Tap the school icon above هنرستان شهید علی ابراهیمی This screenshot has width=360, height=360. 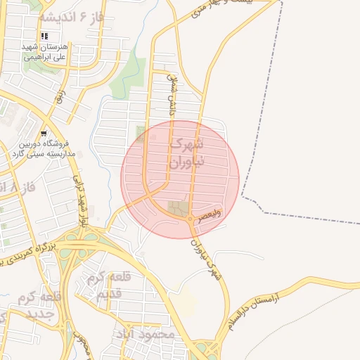[x=44, y=36]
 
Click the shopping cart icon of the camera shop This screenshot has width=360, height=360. [x=44, y=133]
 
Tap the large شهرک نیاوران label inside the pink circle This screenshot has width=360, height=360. [x=186, y=153]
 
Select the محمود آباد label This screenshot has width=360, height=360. [x=150, y=335]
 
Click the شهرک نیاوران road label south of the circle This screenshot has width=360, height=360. [x=206, y=258]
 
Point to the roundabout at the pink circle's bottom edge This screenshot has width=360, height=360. [x=190, y=219]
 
